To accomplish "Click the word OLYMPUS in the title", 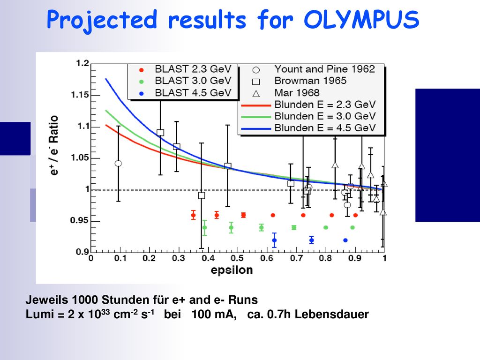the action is coord(361,20).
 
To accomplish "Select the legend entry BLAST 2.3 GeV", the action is coord(186,69).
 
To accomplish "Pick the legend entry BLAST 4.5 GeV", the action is coord(186,93).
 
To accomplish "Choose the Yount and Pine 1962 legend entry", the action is coord(314,69).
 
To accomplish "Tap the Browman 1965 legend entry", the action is coord(300,81).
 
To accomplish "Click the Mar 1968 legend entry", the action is coord(286,93).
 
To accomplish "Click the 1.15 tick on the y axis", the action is coord(80,95).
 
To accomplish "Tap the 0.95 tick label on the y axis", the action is coord(79,220).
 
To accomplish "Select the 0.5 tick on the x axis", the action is coord(238,258).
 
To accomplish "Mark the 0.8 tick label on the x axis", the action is coord(325,258).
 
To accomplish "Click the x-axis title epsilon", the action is coord(232,270).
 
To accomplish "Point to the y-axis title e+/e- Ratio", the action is coord(53,145).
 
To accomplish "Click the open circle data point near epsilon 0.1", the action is coord(119,164).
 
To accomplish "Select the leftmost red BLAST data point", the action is coord(193,215).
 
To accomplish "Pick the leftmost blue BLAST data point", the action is coord(274,240).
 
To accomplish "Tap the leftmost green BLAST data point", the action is coord(204,227).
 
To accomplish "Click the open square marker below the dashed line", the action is coord(202,195).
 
